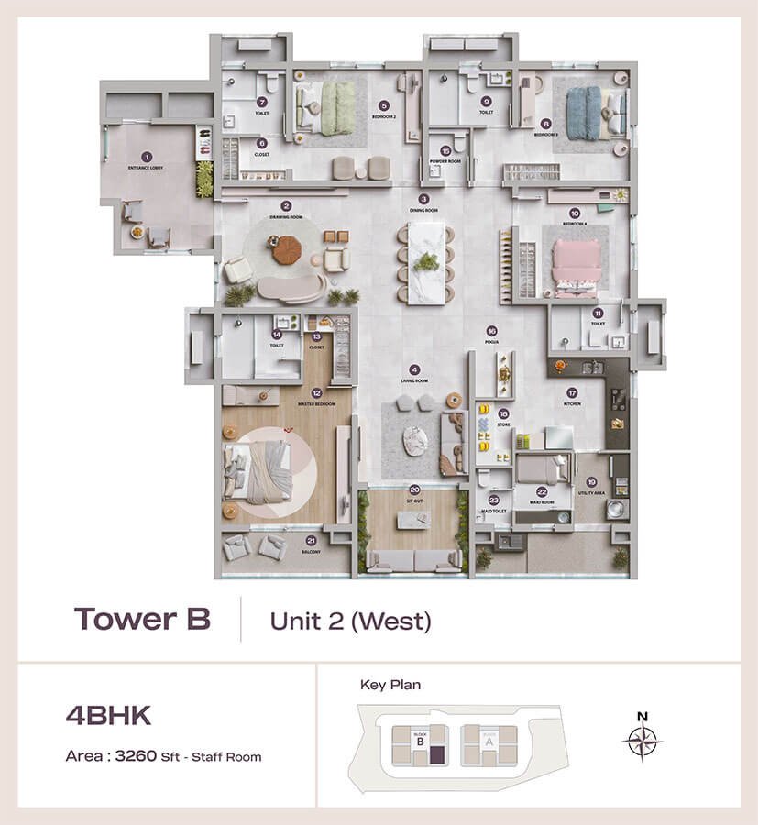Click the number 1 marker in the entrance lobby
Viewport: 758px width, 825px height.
145,158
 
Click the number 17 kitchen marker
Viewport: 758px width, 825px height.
571,392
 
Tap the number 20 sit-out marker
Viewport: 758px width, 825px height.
415,489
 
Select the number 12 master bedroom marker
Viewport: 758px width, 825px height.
316,392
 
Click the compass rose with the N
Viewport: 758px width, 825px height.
642,739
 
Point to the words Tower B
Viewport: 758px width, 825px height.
142,619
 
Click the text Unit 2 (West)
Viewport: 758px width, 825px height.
349,621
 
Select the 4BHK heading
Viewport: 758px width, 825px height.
108,715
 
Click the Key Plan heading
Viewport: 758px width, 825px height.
390,684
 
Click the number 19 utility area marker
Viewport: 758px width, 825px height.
592,482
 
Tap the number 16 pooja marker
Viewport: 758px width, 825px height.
492,331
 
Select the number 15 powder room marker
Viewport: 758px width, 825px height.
445,150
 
